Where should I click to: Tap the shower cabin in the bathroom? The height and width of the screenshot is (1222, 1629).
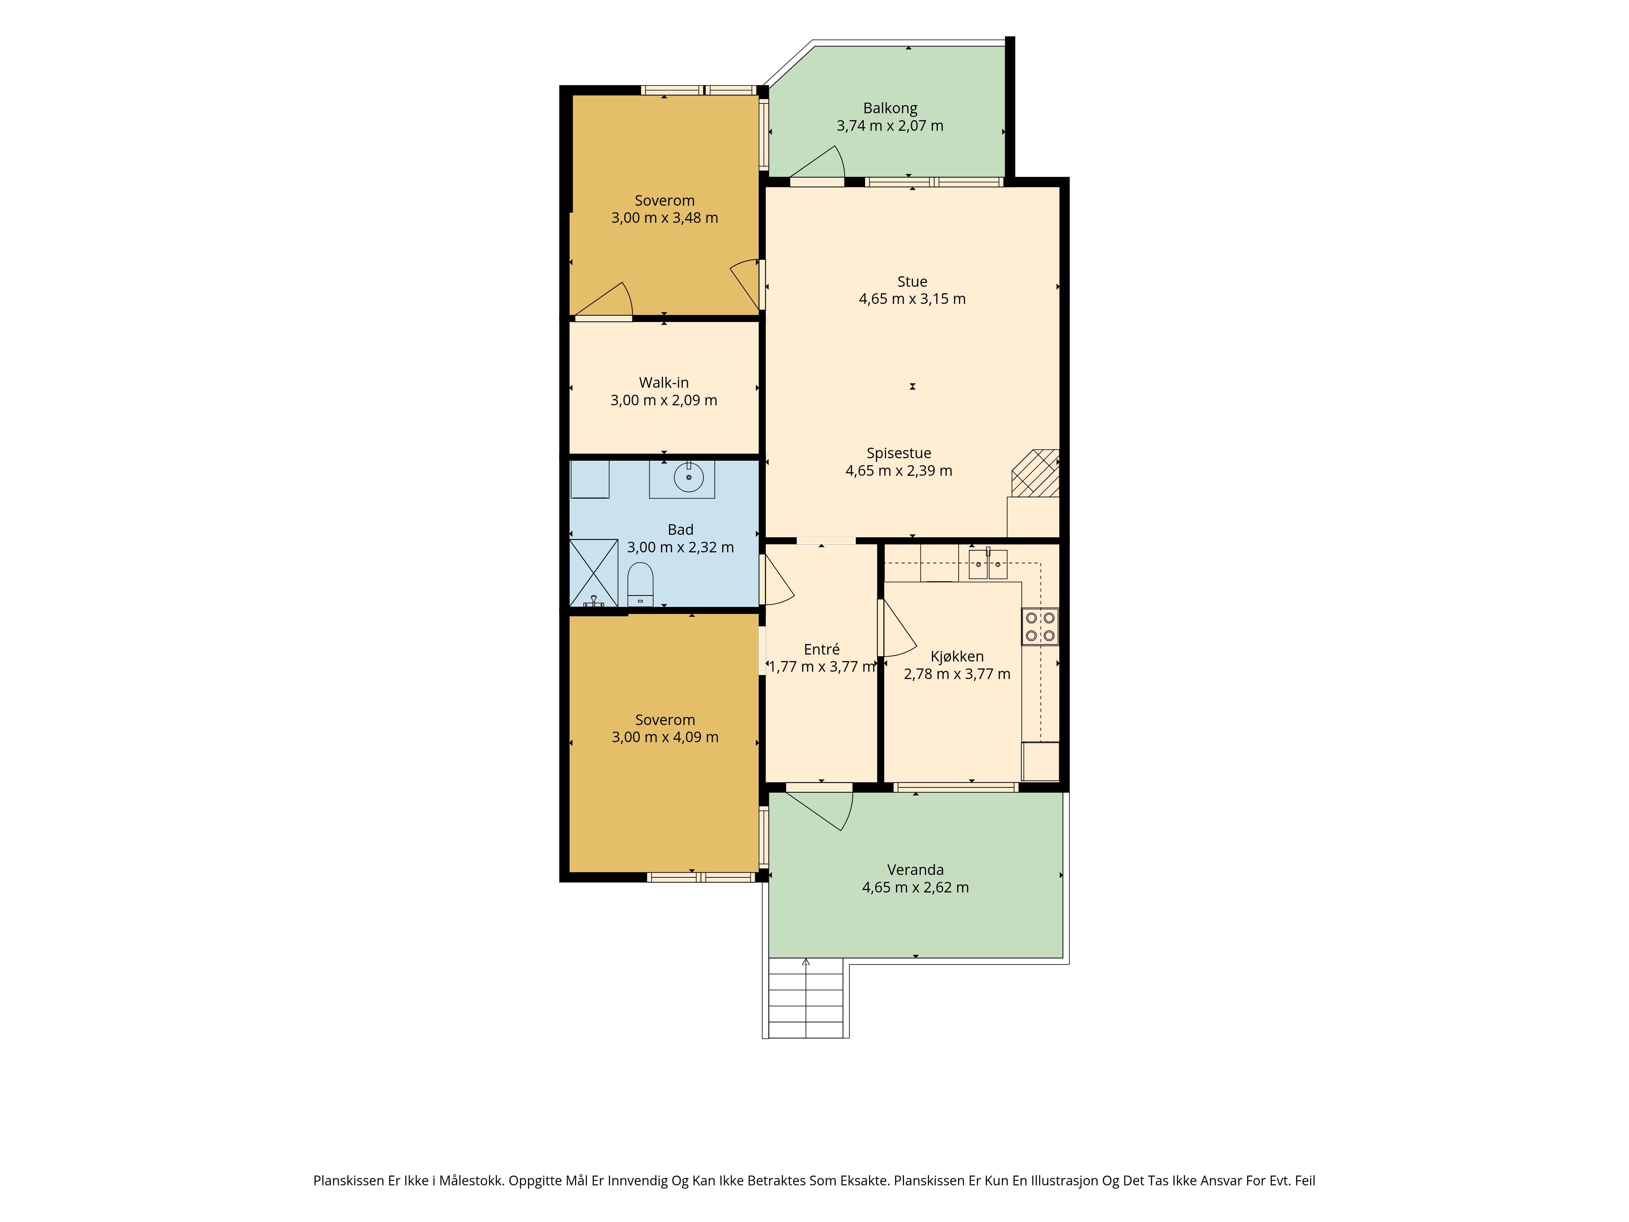(x=594, y=573)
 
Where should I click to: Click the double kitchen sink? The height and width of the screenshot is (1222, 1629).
(x=988, y=564)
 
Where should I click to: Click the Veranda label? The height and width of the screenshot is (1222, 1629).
(x=915, y=870)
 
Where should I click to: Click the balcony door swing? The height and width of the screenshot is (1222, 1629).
(x=817, y=162)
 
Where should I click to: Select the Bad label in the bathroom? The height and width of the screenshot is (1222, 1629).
(x=681, y=530)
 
